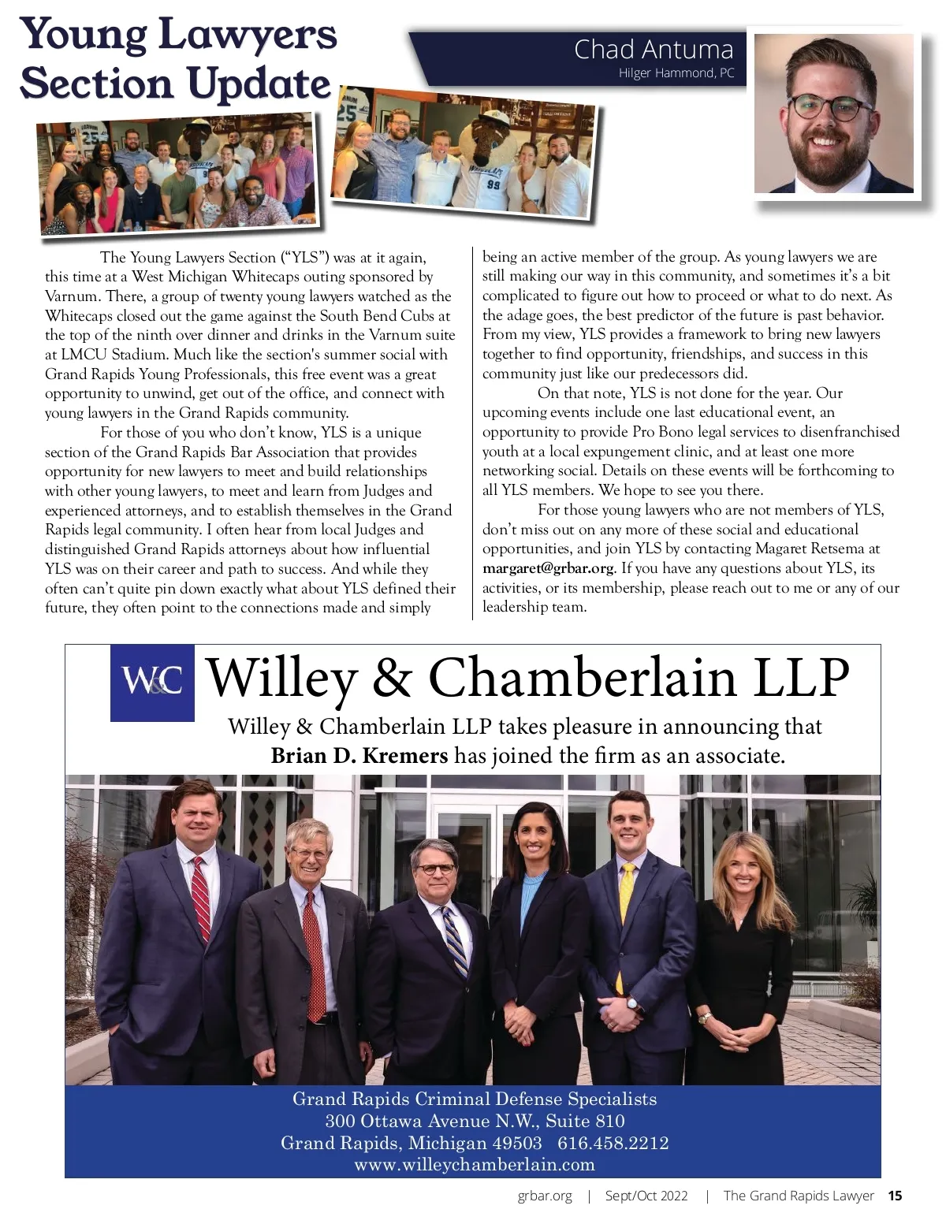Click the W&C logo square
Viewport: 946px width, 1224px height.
point(152,683)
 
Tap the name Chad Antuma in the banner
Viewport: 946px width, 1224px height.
point(653,49)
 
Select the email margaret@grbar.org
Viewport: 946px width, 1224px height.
point(547,568)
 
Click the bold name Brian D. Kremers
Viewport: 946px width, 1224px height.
point(359,756)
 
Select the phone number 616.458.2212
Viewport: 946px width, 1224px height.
point(613,1143)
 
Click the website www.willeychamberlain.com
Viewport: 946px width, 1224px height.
point(474,1164)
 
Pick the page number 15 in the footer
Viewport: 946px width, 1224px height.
point(895,1196)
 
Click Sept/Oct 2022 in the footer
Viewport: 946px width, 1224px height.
point(646,1196)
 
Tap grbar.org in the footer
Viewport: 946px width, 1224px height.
point(545,1196)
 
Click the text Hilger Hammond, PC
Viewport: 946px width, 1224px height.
point(676,73)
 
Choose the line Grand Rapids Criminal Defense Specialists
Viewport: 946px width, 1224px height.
point(474,1099)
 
